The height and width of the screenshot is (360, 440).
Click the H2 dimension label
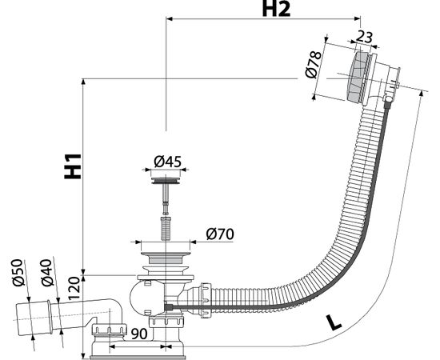click(276, 9)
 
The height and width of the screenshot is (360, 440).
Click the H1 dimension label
click(73, 166)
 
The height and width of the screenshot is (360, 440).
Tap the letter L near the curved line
click(334, 322)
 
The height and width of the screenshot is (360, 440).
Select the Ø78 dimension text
click(314, 65)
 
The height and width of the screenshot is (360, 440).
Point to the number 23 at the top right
click(364, 37)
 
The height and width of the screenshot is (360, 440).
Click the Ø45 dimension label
click(167, 162)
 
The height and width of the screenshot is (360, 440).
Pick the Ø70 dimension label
click(220, 234)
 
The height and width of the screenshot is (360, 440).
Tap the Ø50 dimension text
click(18, 273)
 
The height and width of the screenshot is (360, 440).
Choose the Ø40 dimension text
click(47, 273)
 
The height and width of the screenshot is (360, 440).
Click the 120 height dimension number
click(74, 289)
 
